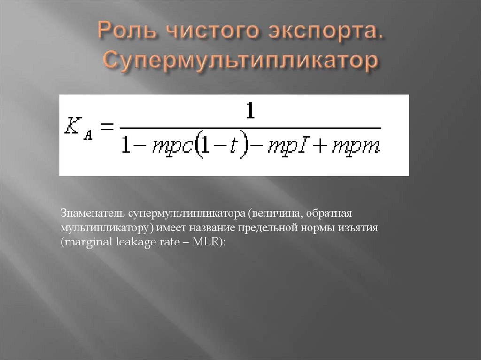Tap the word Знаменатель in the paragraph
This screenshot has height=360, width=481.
pyautogui.click(x=92, y=214)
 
